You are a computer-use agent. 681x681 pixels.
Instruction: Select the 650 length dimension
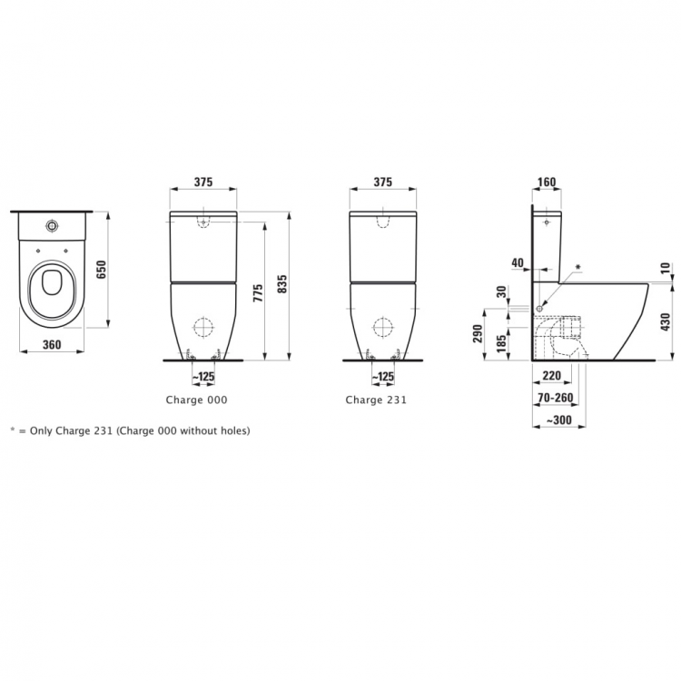coord(103,270)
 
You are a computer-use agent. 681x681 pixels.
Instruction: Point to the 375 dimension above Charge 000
coord(203,183)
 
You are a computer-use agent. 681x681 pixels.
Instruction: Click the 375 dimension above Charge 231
coord(383,183)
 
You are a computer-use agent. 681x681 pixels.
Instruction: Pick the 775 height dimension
coord(258,292)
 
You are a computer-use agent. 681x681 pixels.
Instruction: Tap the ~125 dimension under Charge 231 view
coord(384,376)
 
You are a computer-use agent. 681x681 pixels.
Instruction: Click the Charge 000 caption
coord(196,400)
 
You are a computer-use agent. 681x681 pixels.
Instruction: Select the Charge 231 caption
coord(376,400)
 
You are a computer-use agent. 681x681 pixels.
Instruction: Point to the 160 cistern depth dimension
coord(547,183)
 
